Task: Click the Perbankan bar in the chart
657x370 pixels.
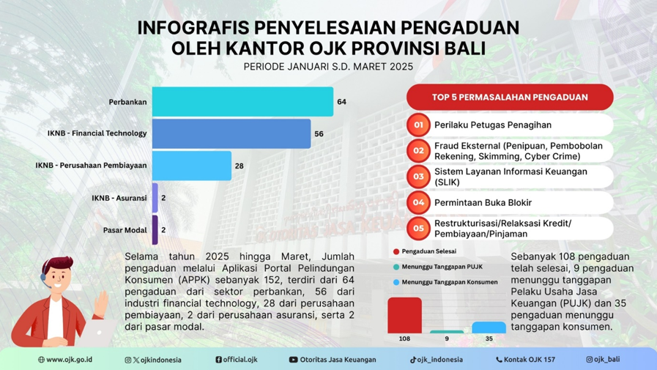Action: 242,102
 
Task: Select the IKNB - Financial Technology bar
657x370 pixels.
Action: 231,134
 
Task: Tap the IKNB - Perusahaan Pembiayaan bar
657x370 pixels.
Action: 192,166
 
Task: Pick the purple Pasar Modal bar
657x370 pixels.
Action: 155,230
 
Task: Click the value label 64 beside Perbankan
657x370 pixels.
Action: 341,102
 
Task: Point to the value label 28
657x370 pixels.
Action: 240,166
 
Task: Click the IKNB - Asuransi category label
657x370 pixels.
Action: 119,199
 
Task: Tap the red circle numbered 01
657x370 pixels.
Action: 418,125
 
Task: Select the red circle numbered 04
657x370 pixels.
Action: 418,202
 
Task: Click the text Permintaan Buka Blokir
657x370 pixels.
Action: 483,202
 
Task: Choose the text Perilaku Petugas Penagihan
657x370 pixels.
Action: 492,125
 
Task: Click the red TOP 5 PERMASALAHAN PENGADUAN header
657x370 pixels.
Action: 510,97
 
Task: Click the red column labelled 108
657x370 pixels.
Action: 404,315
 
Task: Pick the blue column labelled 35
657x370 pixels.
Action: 489,328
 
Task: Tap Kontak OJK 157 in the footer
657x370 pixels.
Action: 525,360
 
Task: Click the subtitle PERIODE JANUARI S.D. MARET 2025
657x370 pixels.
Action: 328,67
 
